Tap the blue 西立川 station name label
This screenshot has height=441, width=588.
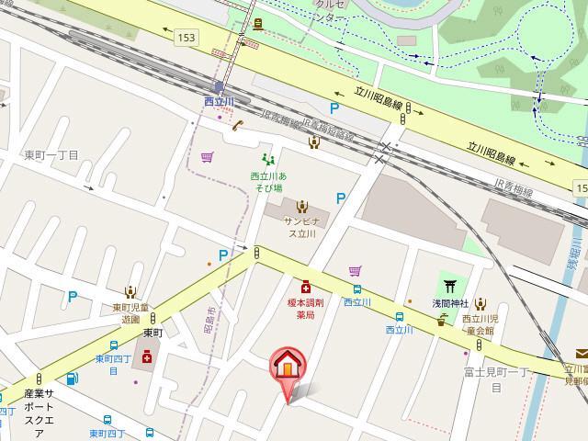(x=220, y=100)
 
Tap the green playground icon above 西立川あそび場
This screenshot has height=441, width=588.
(x=267, y=159)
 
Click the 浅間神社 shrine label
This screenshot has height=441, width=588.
(x=451, y=303)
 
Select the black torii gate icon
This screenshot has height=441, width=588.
(x=451, y=286)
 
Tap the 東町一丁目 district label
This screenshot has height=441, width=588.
(x=52, y=155)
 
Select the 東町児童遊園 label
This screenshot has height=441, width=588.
(x=126, y=313)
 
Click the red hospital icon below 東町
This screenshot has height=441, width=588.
(x=146, y=356)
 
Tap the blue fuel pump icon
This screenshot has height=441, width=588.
(x=71, y=378)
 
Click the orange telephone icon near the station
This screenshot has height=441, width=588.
(x=237, y=126)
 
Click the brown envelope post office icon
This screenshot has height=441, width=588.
(x=582, y=353)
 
